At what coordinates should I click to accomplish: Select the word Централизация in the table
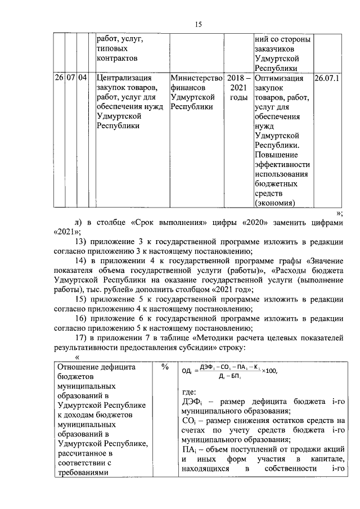pyautogui.click(x=124, y=79)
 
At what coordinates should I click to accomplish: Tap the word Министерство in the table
pyautogui.click(x=196, y=79)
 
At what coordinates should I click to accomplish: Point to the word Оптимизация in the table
pyautogui.click(x=280, y=79)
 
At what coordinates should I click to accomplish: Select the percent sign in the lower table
pyautogui.click(x=165, y=367)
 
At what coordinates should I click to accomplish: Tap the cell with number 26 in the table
pyautogui.click(x=59, y=79)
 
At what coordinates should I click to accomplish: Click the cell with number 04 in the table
pyautogui.click(x=82, y=79)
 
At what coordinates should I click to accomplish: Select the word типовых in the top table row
pyautogui.click(x=114, y=49)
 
